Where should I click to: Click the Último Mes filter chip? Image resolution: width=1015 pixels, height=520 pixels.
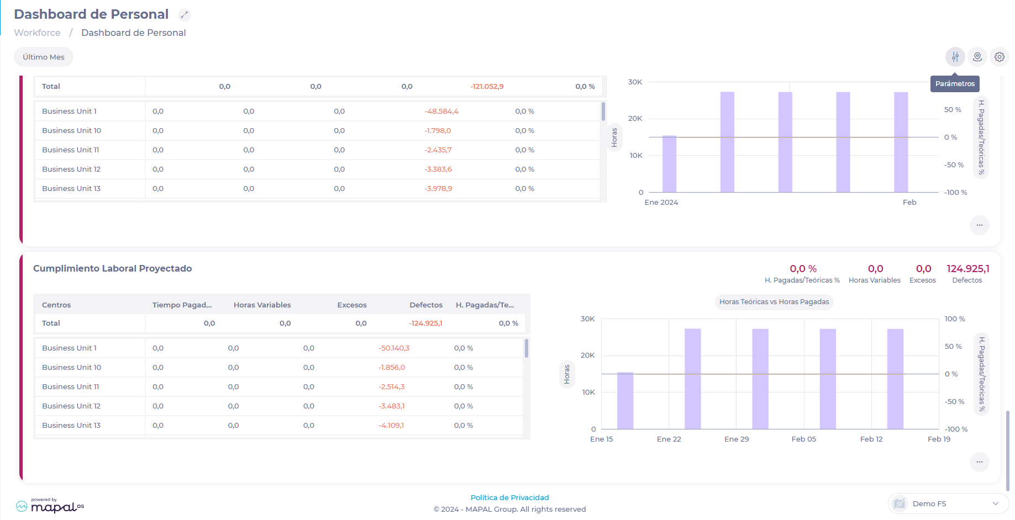[44, 57]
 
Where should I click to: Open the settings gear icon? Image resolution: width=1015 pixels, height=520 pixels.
[999, 57]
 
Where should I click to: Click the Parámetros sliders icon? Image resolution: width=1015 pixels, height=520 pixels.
[955, 57]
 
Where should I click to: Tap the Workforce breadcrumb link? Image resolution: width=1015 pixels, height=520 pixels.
[37, 33]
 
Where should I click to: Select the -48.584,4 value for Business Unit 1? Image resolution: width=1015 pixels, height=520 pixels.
[441, 112]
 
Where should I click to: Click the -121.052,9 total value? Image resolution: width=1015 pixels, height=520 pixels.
[486, 87]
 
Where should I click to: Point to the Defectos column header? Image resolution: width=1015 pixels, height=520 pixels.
[425, 305]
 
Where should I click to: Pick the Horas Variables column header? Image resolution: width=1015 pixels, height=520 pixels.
[262, 305]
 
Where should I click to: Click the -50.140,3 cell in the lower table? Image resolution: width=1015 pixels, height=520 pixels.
[394, 348]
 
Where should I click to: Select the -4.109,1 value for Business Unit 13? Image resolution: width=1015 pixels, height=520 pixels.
[391, 426]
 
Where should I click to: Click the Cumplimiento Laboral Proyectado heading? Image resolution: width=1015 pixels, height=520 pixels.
[113, 269]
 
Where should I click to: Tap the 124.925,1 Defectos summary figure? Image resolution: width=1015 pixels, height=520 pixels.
[967, 269]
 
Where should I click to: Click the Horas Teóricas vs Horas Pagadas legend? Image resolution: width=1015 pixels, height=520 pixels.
[774, 302]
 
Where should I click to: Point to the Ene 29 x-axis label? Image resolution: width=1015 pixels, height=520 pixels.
[737, 439]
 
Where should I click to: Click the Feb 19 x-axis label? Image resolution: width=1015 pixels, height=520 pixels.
[939, 439]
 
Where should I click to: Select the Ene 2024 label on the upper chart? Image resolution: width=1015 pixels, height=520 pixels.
[661, 203]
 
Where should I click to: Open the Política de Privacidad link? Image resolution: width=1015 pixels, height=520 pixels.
[509, 498]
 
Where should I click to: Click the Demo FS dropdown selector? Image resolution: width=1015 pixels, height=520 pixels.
[948, 503]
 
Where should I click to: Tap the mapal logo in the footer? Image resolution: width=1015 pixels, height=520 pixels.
[50, 506]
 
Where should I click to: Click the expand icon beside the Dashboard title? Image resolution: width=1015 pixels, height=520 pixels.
[185, 15]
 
